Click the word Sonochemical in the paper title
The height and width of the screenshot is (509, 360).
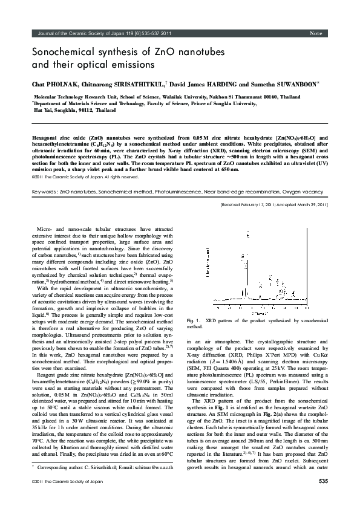(61, 53)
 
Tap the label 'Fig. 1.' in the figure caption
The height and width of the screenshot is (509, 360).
(195, 319)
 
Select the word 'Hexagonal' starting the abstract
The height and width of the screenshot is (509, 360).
(47, 138)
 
